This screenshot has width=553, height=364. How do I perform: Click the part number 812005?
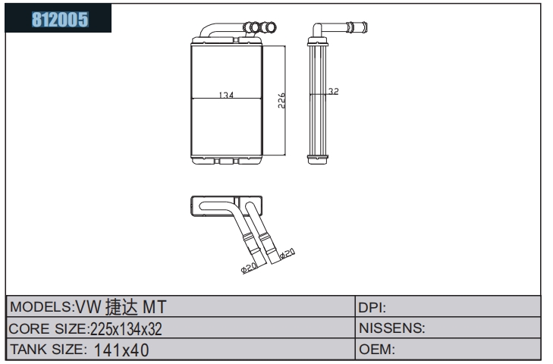[60, 20]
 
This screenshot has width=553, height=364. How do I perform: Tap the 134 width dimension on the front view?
[226, 95]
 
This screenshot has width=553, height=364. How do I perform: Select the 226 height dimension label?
[281, 101]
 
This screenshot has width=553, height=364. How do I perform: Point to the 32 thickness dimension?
[333, 91]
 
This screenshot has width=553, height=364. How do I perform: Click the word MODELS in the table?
[41, 306]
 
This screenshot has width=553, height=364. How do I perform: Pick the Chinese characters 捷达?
[121, 306]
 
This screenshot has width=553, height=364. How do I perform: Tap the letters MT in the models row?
[154, 307]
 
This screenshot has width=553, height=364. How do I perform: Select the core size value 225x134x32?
[126, 329]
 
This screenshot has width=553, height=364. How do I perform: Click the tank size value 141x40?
[121, 350]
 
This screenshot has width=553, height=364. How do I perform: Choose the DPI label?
[372, 308]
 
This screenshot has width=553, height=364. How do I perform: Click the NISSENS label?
[392, 328]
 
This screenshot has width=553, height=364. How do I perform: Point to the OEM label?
[377, 349]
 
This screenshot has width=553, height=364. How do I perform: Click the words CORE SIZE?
[48, 328]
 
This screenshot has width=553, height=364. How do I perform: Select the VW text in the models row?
[88, 307]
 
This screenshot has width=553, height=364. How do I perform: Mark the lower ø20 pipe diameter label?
[249, 268]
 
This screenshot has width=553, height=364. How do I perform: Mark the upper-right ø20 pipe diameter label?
[287, 253]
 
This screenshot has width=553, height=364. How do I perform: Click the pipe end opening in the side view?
[365, 27]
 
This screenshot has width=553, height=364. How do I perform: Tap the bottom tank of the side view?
[318, 160]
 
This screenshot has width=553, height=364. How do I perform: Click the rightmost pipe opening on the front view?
[271, 27]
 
